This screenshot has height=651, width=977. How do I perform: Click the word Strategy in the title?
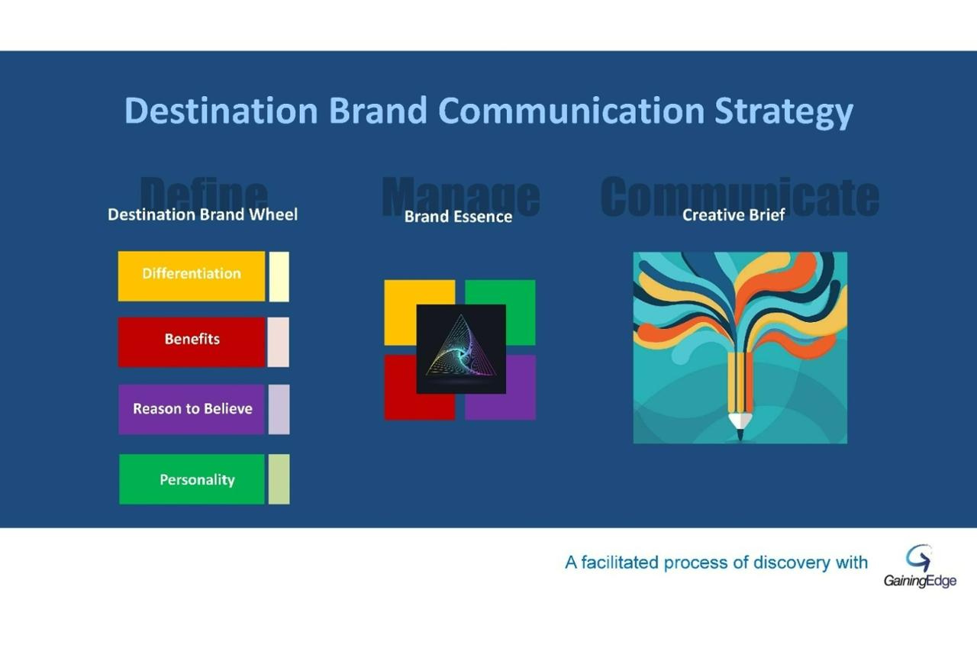coord(783,111)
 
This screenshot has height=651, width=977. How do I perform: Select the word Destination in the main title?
coord(221,111)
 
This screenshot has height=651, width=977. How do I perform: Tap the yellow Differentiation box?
coord(191,276)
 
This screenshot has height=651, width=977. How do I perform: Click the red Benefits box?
coord(191,342)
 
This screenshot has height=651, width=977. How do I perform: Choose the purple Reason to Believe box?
coord(191,409)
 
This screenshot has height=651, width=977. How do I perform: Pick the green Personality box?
coord(192,479)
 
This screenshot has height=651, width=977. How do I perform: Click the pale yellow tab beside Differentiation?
coord(279,276)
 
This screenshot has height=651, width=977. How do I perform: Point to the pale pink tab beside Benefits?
coord(279,342)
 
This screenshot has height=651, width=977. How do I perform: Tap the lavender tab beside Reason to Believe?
coord(279,409)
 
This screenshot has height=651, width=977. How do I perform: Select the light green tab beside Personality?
coord(279,479)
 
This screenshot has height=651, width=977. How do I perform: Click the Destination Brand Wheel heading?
coord(202,214)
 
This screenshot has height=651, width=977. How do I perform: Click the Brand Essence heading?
coord(458,217)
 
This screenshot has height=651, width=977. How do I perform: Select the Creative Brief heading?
coord(733,215)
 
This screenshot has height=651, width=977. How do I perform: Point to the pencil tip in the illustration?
coord(739,433)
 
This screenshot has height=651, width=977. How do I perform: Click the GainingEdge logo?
coord(920,566)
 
